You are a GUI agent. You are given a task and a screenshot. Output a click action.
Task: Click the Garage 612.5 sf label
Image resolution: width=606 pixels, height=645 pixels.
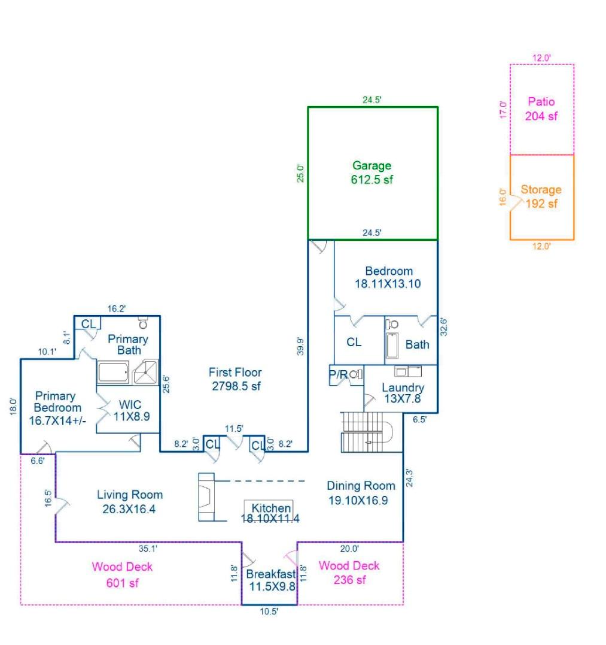371,172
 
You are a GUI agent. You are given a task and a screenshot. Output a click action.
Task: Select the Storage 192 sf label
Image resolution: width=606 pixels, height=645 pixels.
541,196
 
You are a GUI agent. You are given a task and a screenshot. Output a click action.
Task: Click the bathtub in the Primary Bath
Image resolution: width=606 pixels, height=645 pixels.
112,373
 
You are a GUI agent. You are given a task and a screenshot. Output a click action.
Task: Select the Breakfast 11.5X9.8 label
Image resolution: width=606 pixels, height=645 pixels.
271,580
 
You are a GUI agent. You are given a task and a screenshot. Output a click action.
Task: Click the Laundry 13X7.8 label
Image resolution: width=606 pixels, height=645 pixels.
403,393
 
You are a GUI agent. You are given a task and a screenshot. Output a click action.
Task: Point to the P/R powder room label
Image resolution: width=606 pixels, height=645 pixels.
338,374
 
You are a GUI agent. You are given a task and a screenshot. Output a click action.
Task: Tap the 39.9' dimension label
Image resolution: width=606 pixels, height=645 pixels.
302,346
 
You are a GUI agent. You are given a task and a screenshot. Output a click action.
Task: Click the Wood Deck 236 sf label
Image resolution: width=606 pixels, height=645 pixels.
349,572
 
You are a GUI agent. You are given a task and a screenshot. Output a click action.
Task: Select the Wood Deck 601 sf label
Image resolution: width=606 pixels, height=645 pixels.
122,574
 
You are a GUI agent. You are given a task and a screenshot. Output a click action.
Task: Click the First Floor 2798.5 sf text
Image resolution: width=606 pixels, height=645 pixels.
236,379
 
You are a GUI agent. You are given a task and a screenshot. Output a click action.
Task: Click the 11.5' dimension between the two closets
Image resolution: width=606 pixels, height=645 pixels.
234,428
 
